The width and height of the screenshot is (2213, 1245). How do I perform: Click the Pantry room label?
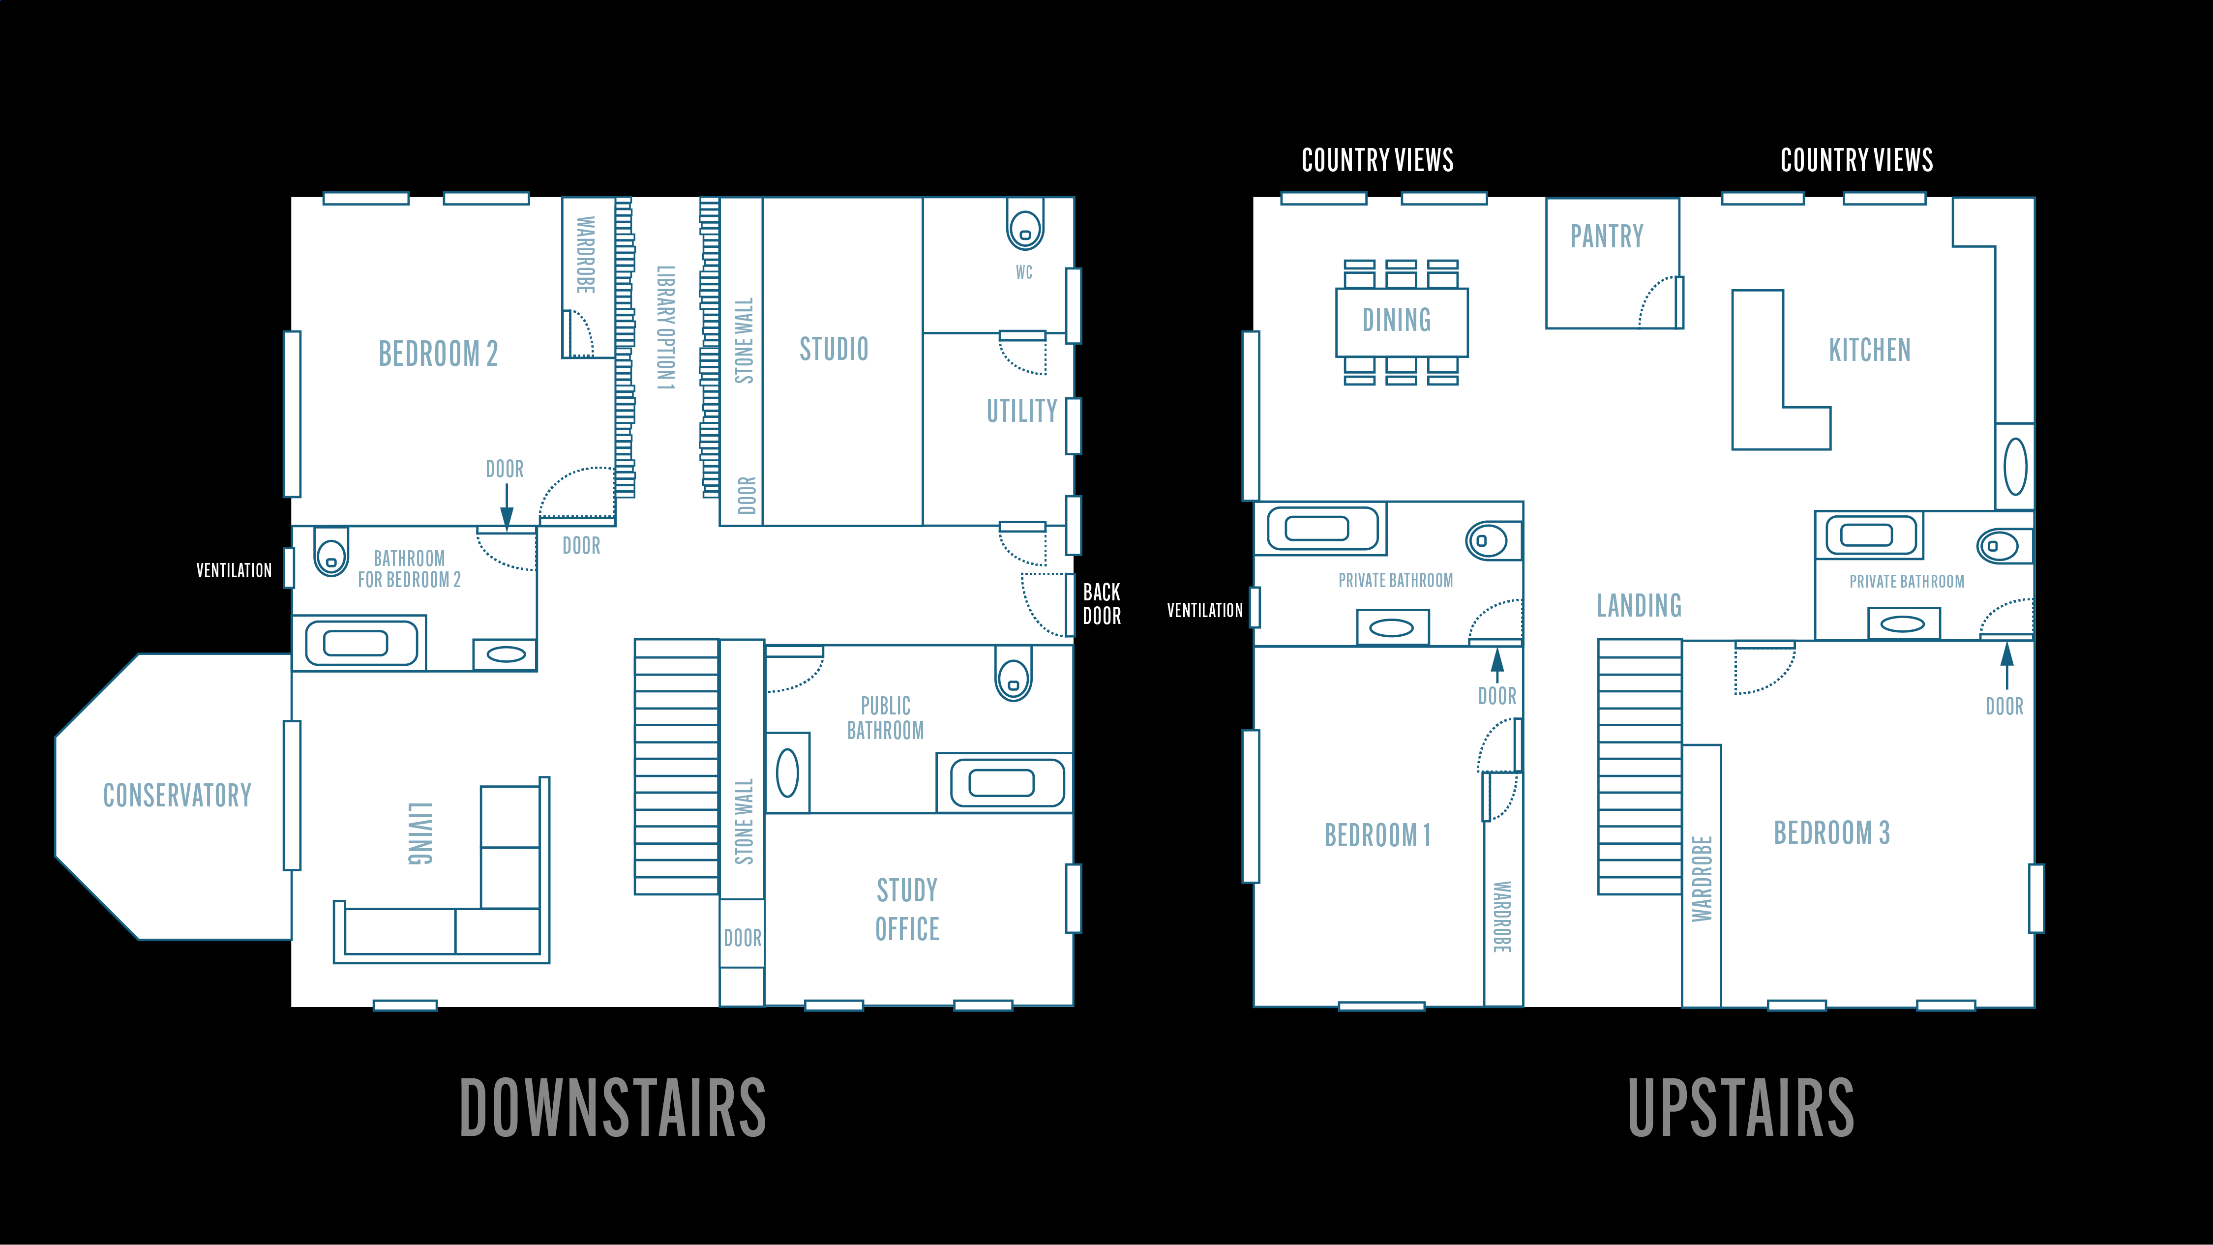[x=1607, y=237]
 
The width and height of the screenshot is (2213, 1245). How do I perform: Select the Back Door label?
[x=1102, y=604]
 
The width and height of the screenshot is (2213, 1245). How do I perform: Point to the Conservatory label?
[x=177, y=796]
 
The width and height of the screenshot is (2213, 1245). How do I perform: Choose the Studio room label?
[x=833, y=349]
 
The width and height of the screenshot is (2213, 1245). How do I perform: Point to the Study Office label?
[x=907, y=909]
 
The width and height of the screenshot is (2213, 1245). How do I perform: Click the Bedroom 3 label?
[x=1831, y=832]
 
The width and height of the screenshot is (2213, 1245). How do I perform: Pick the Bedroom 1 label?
[x=1377, y=835]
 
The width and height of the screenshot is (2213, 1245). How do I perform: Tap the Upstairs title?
[x=1740, y=1107]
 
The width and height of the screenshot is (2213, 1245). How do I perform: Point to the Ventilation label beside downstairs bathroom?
[x=234, y=570]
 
